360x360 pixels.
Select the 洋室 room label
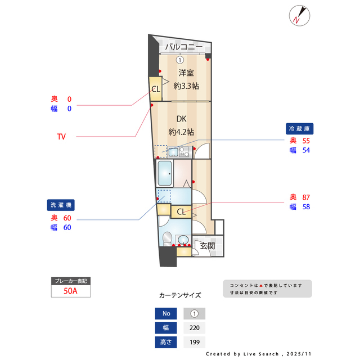[186, 73]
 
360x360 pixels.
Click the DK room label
[181, 119]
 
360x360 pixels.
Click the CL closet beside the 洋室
[155, 89]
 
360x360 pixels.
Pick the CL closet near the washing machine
[181, 211]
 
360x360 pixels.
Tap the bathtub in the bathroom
[165, 173]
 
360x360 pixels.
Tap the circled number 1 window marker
[179, 60]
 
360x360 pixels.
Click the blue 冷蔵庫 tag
[299, 128]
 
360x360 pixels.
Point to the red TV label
[61, 136]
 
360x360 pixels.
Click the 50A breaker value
[70, 291]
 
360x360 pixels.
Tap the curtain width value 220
[195, 328]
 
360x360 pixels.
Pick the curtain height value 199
[195, 342]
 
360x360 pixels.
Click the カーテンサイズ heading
[180, 295]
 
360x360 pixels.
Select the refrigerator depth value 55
[306, 141]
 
